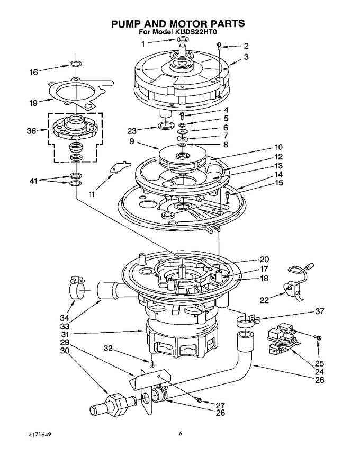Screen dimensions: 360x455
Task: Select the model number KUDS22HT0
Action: (x=196, y=32)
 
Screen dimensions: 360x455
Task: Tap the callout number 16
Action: (x=34, y=72)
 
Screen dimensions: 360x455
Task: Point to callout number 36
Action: (x=31, y=131)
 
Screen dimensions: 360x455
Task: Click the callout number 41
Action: (x=34, y=181)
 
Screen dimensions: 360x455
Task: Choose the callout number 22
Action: (x=264, y=300)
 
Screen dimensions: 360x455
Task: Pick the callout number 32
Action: (x=108, y=348)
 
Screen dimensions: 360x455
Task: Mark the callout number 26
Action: (x=319, y=380)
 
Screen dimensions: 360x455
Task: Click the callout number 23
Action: (x=132, y=131)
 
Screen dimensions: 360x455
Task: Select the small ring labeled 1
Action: (x=182, y=39)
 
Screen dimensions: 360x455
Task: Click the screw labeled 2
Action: (x=219, y=44)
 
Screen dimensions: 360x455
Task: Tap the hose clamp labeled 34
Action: (x=77, y=288)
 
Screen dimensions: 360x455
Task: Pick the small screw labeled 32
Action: (x=151, y=363)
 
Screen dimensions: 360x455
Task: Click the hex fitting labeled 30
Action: (x=116, y=403)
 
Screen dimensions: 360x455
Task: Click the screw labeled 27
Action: (x=199, y=400)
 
